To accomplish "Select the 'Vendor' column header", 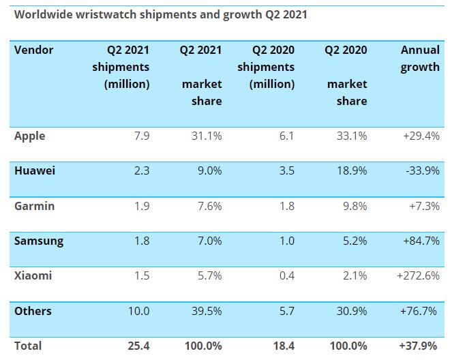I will point(33,50).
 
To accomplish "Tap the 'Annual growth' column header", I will point(420,59).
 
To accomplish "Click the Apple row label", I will point(30,136).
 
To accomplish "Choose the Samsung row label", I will point(39,241).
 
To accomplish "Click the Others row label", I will point(33,311).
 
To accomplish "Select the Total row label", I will point(28,346).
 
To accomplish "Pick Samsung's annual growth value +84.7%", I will point(420,241).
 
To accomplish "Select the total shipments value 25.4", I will point(138,346).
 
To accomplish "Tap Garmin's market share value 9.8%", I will point(352,206).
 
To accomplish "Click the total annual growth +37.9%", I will point(420,346).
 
